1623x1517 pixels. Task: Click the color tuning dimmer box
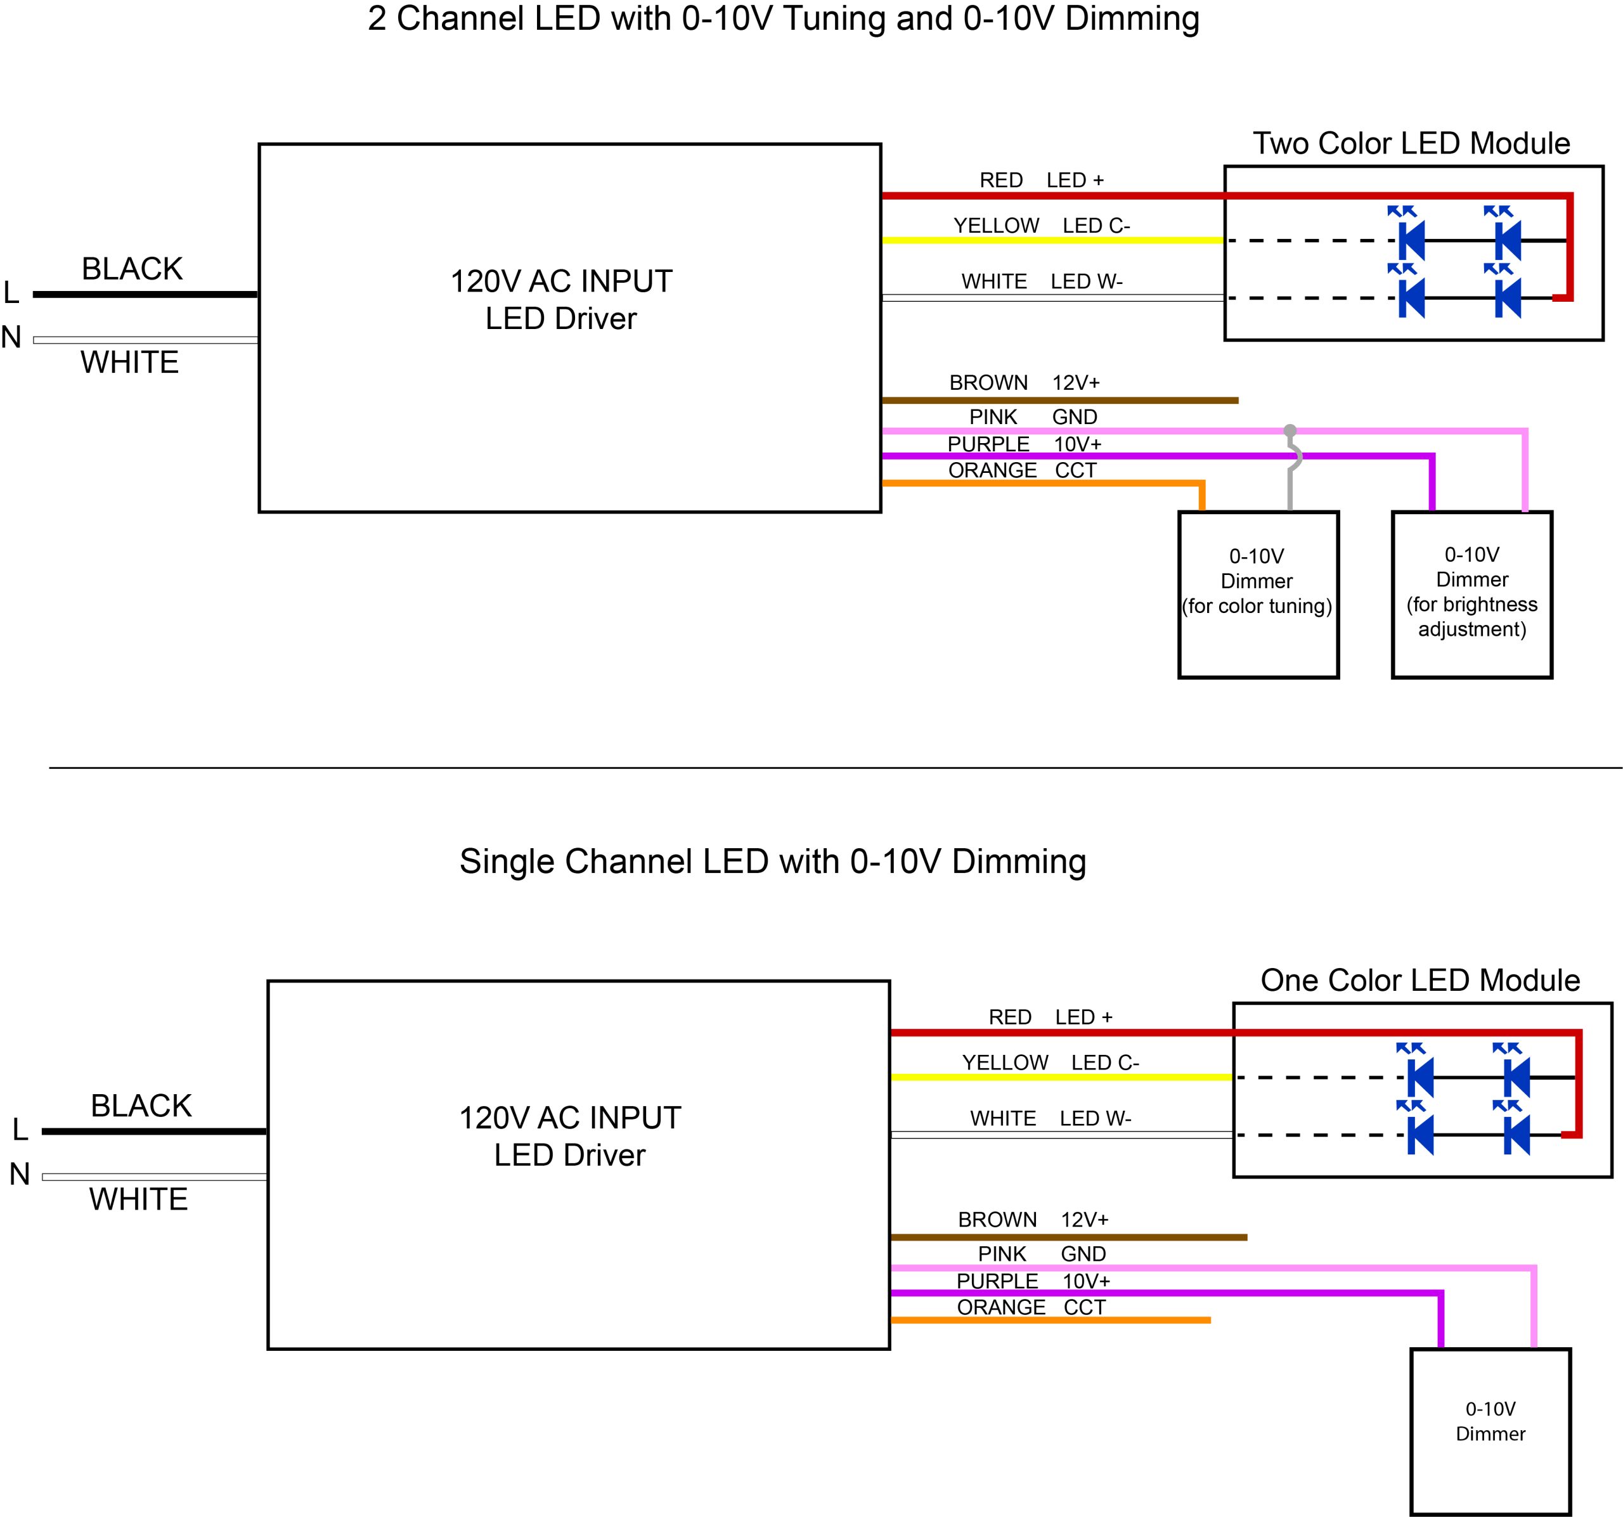coord(1258,595)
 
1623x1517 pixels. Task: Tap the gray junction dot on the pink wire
coord(1290,430)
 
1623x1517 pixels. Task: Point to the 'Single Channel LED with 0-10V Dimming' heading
coord(772,862)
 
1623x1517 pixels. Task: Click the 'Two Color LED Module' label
coord(1411,144)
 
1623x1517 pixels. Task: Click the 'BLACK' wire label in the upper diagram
coord(133,269)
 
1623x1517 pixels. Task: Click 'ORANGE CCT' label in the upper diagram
coord(1021,470)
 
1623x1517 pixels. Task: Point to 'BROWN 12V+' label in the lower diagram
coord(1033,1219)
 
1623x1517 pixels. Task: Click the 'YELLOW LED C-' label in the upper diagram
coord(1041,225)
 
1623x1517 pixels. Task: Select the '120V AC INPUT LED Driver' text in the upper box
coord(561,300)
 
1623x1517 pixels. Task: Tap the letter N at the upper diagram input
coord(11,337)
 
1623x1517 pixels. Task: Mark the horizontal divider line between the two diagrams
coord(817,768)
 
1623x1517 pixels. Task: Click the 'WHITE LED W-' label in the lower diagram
coord(1050,1118)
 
